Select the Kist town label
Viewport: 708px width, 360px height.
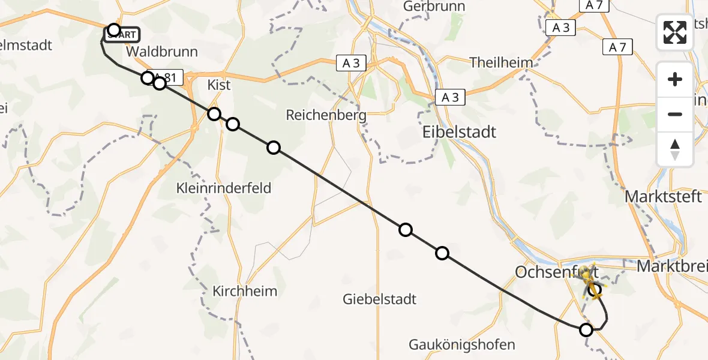218,85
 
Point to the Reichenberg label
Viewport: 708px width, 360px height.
326,115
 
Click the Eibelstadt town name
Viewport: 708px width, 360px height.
460,132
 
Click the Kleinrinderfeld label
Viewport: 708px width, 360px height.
224,188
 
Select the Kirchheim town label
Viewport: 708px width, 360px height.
245,292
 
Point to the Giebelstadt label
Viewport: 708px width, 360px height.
379,299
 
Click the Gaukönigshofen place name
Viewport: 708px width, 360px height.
462,345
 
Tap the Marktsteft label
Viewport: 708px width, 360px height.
663,196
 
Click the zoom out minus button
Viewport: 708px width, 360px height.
675,114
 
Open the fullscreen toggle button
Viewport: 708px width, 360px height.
675,32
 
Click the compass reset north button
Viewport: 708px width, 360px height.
675,149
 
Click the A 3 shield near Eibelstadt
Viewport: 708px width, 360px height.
450,97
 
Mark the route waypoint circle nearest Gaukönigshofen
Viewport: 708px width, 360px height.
586,329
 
